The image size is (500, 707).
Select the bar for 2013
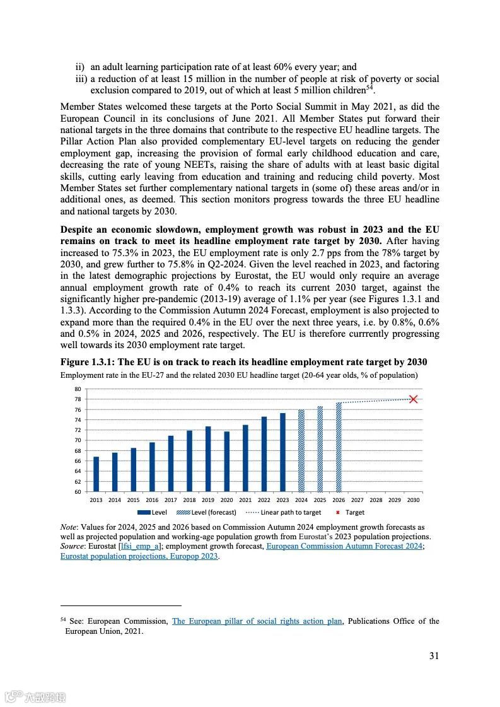96,474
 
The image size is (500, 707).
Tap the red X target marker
413,399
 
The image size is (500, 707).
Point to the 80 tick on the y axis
78,389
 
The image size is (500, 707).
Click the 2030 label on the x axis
413,500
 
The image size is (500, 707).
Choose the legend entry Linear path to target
285,513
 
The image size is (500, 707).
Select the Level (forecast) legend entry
206,513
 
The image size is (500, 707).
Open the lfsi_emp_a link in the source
140,546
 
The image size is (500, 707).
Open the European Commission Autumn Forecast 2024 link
344,546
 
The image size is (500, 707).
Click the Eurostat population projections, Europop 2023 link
139,556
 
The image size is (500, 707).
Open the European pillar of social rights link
257,621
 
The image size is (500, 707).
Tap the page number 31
434,656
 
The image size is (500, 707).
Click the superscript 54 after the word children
370,87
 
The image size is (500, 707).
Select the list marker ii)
80,67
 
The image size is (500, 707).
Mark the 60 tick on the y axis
78,491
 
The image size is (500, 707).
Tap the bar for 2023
282,452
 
